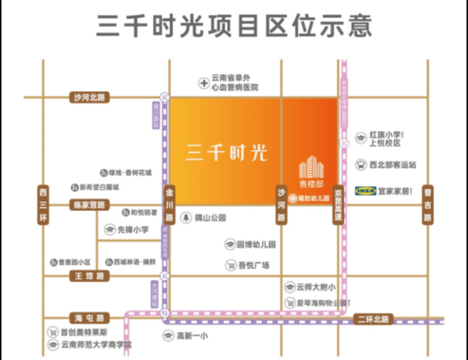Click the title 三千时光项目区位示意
pyautogui.click(x=234, y=26)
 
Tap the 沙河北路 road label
pyautogui.click(x=89, y=97)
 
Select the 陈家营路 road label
pyautogui.click(x=89, y=205)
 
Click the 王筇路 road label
pyautogui.click(x=89, y=276)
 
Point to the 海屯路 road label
pyautogui.click(x=89, y=318)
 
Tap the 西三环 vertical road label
pyautogui.click(x=43, y=205)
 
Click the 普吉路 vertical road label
pyautogui.click(x=428, y=205)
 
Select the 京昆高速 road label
pyautogui.click(x=339, y=205)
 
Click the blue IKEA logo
pyautogui.click(x=366, y=190)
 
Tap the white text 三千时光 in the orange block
pyautogui.click(x=226, y=152)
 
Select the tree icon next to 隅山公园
pyautogui.click(x=187, y=218)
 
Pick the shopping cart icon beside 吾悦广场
pyautogui.click(x=231, y=265)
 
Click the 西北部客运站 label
pyautogui.click(x=392, y=164)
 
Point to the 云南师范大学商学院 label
pyautogui.click(x=97, y=345)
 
